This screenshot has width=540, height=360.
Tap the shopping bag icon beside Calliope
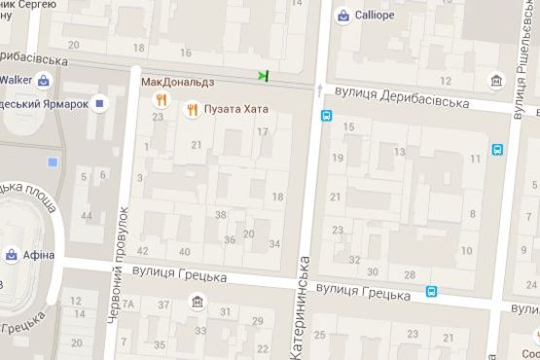[343, 16]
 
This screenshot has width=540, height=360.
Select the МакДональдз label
[177, 82]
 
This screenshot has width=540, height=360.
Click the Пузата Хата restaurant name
[236, 110]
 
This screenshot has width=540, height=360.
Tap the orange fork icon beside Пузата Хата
[193, 110]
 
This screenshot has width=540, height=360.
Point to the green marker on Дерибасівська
[263, 75]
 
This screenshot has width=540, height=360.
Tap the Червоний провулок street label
[123, 264]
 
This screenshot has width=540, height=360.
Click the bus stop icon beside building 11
[497, 150]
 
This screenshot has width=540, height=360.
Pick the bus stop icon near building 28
[431, 290]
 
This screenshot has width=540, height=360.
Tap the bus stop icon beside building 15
[325, 116]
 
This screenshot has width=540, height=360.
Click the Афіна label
[40, 255]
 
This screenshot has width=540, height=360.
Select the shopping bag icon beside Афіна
[11, 255]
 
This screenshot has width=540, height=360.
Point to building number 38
[221, 215]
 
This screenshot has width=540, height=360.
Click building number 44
[87, 215]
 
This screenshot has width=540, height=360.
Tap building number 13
[399, 151]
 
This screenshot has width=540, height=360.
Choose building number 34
[274, 243]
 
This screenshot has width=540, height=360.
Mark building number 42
[143, 251]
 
